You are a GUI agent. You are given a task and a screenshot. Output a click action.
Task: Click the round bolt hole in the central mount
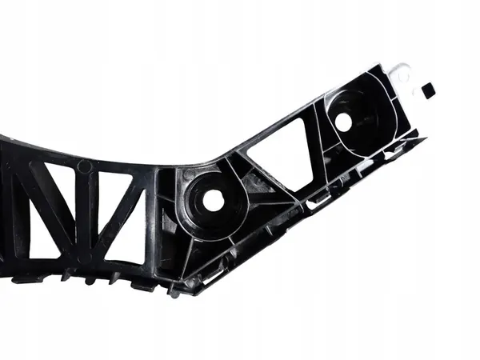[214, 201]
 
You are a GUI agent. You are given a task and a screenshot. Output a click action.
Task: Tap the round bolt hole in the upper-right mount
[343, 122]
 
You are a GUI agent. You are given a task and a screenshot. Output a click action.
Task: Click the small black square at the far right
[428, 90]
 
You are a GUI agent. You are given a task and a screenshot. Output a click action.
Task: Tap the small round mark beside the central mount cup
[189, 174]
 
